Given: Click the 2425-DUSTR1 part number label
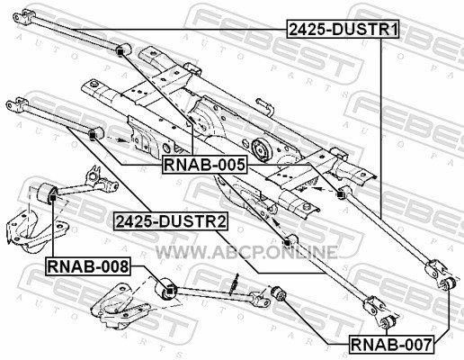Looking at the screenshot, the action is (x=344, y=29).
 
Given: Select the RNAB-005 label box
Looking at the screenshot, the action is (x=205, y=165).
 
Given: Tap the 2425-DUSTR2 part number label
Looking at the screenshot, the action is (x=171, y=221).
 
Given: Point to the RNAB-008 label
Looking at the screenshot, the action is (x=88, y=266).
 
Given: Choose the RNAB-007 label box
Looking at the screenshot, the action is (x=392, y=344).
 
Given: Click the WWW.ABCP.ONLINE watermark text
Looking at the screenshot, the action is (x=246, y=252).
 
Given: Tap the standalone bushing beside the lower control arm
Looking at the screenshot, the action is (x=278, y=294).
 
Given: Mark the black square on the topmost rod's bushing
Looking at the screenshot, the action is (x=120, y=52).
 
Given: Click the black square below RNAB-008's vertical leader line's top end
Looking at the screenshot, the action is (x=52, y=198).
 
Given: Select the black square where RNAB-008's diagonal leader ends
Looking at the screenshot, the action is (x=169, y=291).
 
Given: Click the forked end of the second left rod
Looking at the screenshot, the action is (x=17, y=104).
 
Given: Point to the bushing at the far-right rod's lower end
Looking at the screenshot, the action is (x=448, y=283).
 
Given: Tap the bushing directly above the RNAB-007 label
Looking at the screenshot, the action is (x=388, y=322).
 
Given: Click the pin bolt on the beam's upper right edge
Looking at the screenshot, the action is (x=265, y=106).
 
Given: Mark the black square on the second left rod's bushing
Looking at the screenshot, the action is (x=93, y=137).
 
